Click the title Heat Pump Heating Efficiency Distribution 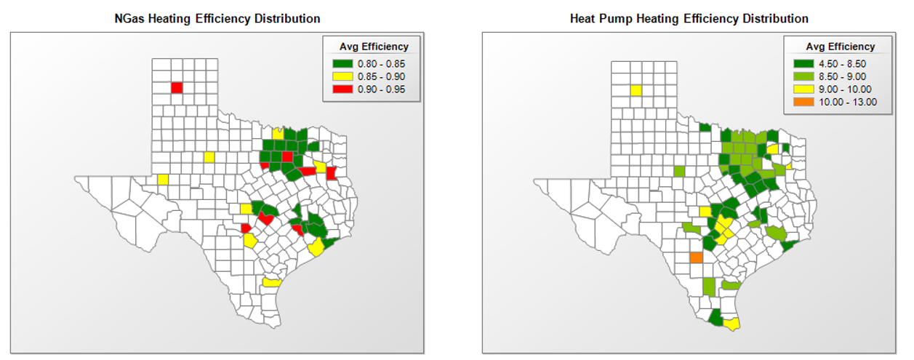pyautogui.click(x=689, y=18)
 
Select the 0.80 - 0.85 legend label pyautogui.click(x=381, y=63)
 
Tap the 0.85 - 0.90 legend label pyautogui.click(x=381, y=76)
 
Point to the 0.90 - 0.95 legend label pyautogui.click(x=381, y=89)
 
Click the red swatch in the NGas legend pyautogui.click(x=342, y=89)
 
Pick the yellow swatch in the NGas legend pyautogui.click(x=342, y=76)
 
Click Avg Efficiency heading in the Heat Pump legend pyautogui.click(x=840, y=47)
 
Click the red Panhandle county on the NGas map pyautogui.click(x=177, y=88)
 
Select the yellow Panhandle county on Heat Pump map pyautogui.click(x=636, y=91)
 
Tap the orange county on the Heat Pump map pyautogui.click(x=696, y=257)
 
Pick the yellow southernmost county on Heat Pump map pyautogui.click(x=732, y=322)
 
